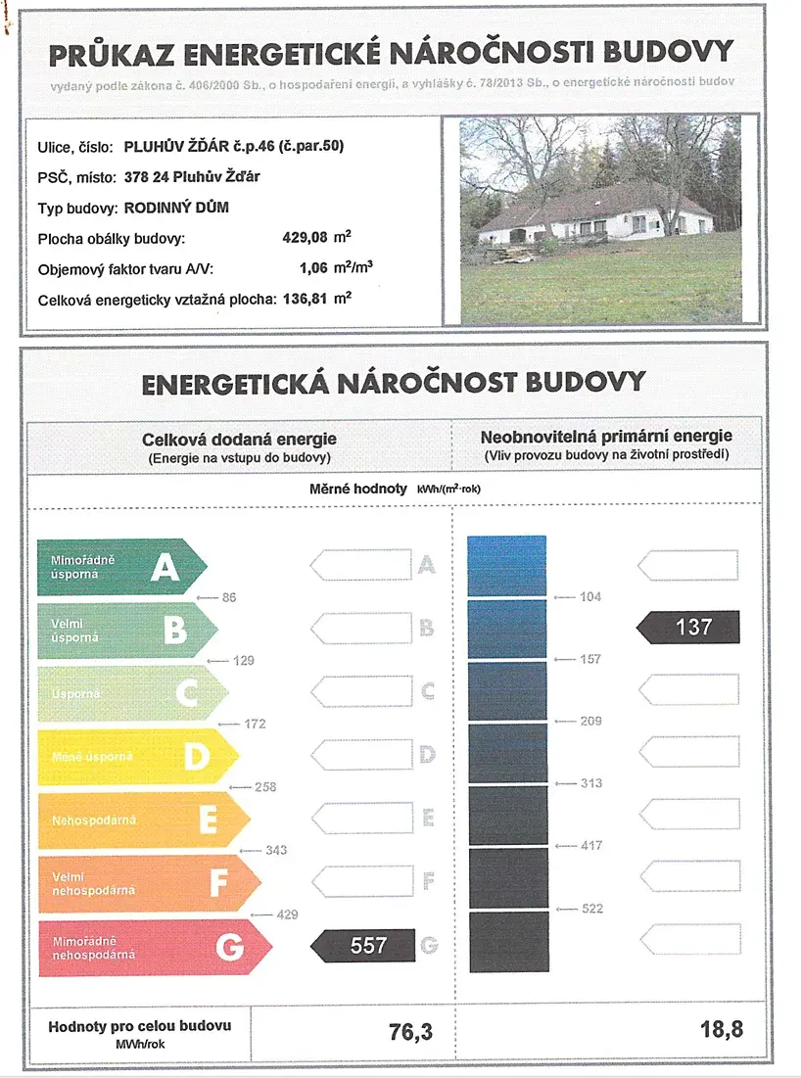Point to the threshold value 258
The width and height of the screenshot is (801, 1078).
(x=264, y=787)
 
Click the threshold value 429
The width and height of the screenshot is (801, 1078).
(x=286, y=914)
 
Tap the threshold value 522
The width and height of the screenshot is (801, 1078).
(x=591, y=910)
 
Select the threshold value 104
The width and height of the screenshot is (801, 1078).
(x=590, y=597)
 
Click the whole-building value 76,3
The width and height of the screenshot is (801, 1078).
(x=411, y=1031)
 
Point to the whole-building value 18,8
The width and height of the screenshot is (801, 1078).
(x=723, y=1031)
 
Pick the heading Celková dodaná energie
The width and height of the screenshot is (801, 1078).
(x=239, y=441)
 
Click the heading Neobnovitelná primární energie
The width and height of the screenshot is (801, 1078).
(x=606, y=437)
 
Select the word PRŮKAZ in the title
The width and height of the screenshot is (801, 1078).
(x=109, y=52)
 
